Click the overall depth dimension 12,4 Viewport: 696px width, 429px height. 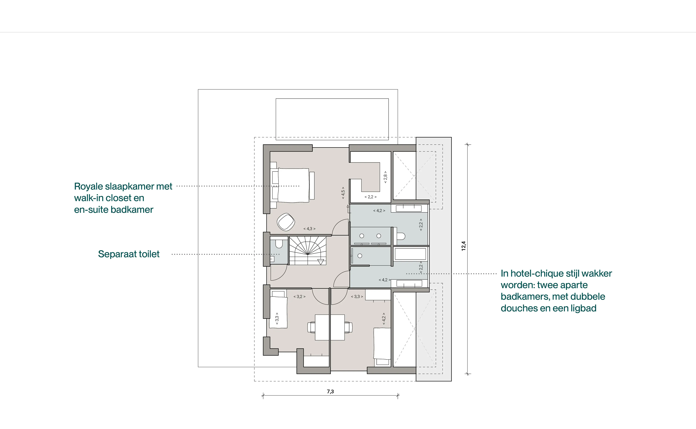click(x=463, y=246)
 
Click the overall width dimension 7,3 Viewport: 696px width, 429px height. click(x=330, y=392)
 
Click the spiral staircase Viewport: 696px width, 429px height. click(x=308, y=251)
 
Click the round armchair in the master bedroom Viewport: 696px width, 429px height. click(x=286, y=222)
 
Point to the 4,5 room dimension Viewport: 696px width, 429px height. click(x=343, y=193)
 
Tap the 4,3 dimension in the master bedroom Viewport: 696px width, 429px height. click(x=309, y=229)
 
